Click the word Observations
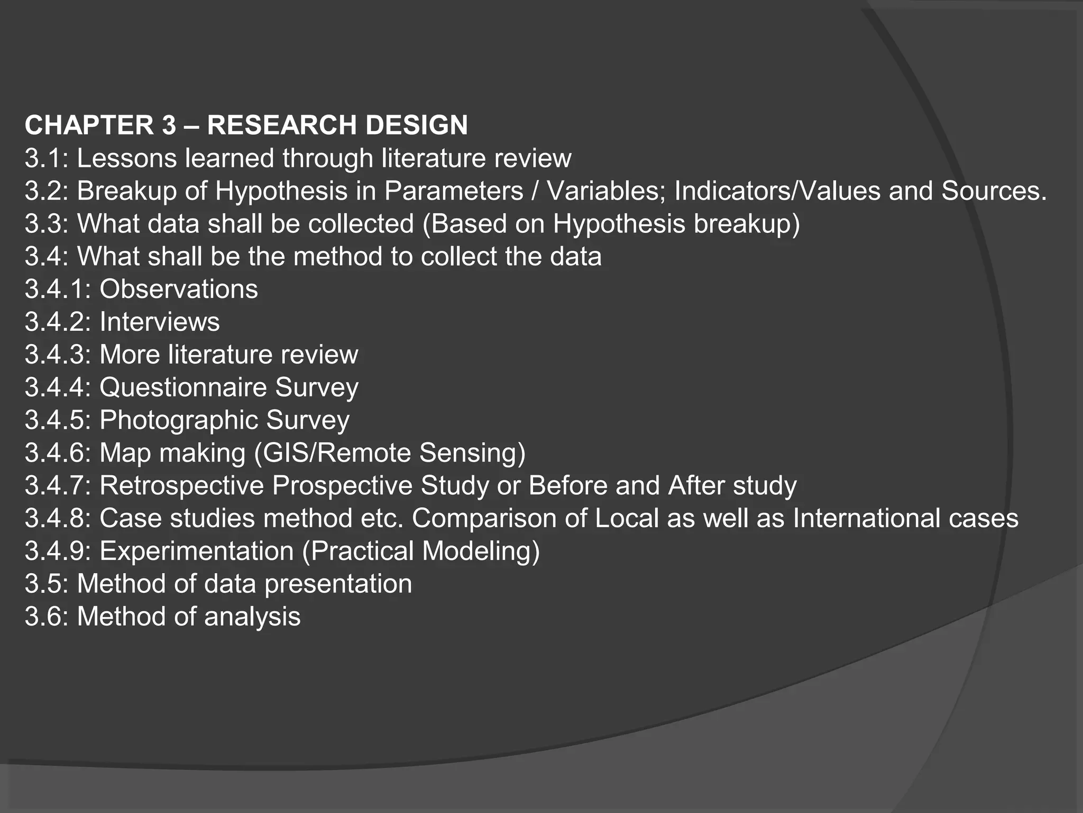pos(179,290)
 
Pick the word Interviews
pos(159,322)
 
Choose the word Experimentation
pos(196,552)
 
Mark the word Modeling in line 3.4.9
pos(481,552)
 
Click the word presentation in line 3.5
pos(338,584)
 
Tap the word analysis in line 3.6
pos(252,617)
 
